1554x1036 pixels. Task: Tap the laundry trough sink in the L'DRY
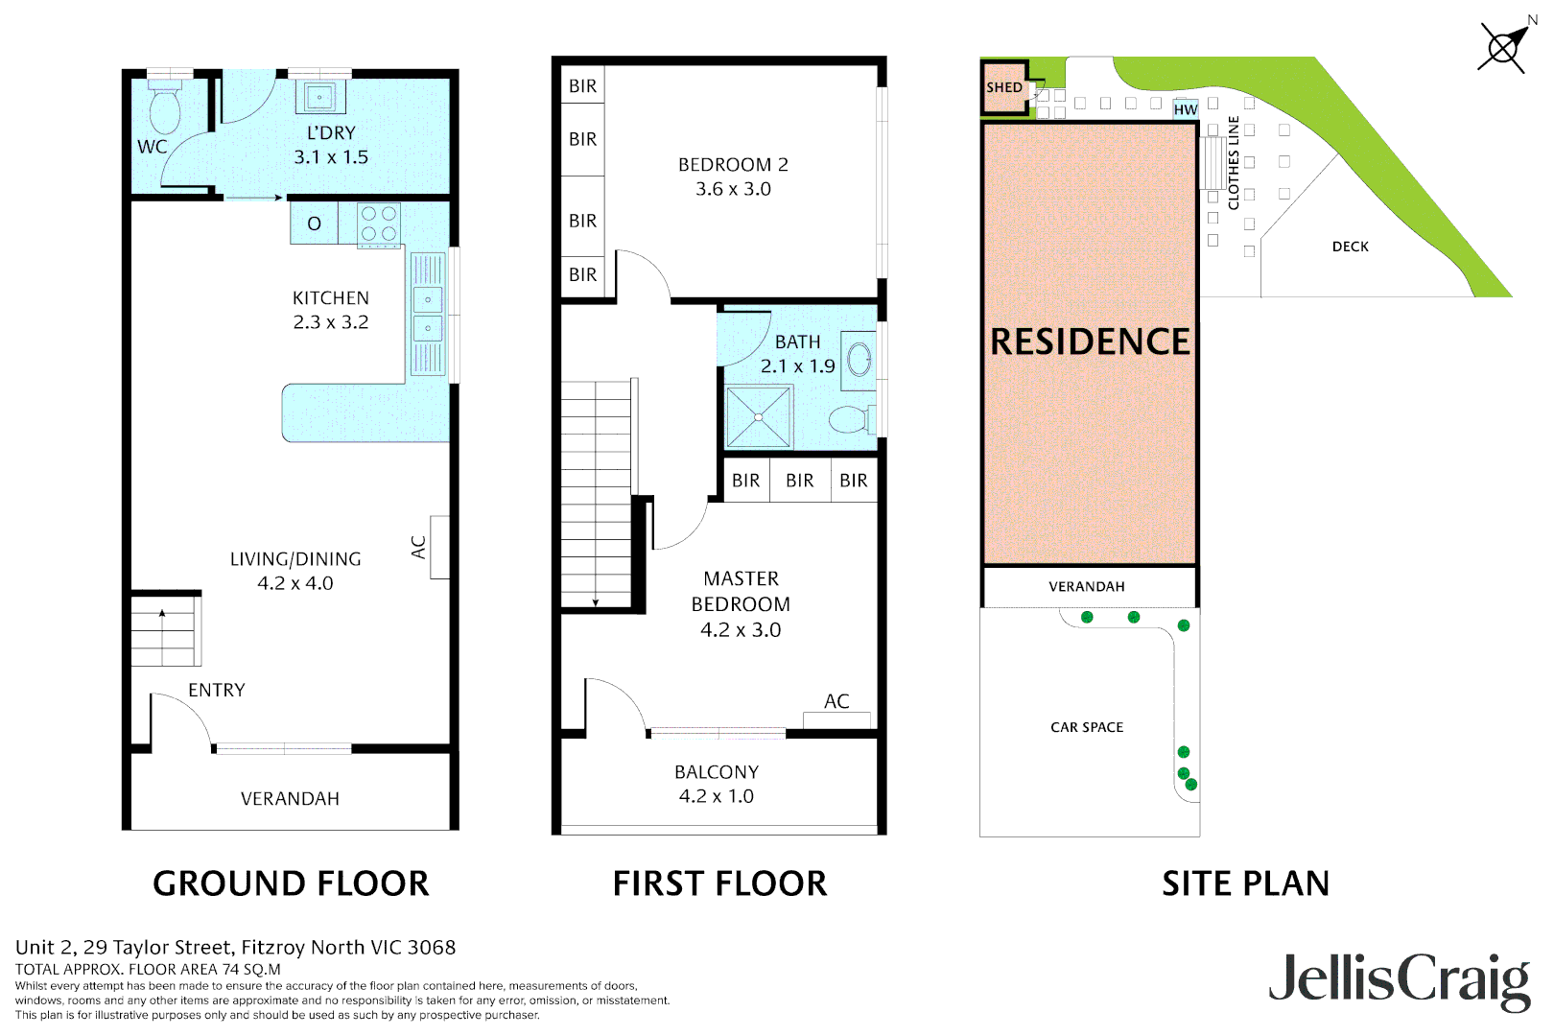[319, 97]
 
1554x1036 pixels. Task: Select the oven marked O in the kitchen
[314, 224]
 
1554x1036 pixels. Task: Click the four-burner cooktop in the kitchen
[379, 224]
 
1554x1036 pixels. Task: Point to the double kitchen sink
[428, 314]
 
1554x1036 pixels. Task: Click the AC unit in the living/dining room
[439, 547]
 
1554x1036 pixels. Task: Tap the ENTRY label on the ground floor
[217, 691]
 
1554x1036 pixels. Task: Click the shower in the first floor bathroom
[759, 416]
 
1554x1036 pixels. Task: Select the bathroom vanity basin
[859, 361]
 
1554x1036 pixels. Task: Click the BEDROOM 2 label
[733, 165]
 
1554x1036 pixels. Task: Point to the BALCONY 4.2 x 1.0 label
[717, 784]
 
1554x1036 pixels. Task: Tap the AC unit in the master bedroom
[836, 719]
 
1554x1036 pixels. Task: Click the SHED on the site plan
[1004, 87]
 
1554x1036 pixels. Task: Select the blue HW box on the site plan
[1186, 109]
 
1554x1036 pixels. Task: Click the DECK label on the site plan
[1350, 247]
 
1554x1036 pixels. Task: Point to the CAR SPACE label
[1087, 727]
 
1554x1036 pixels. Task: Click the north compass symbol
[1503, 46]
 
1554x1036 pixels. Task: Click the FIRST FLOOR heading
[719, 883]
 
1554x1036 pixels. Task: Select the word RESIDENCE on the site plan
[1090, 342]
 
